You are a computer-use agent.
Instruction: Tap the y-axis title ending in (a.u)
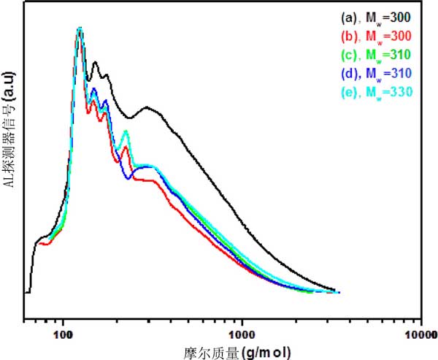[x=10, y=161]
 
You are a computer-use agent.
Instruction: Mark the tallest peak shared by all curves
[x=80, y=29]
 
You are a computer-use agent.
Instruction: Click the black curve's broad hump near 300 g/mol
[x=148, y=107]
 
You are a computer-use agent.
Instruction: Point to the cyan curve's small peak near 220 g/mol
[x=126, y=131]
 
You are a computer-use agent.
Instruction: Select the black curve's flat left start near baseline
[x=28, y=292]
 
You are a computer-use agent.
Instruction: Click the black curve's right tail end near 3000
[x=337, y=291]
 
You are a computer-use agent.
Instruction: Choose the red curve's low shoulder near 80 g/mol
[x=46, y=243]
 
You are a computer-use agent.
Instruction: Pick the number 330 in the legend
[x=402, y=93]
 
